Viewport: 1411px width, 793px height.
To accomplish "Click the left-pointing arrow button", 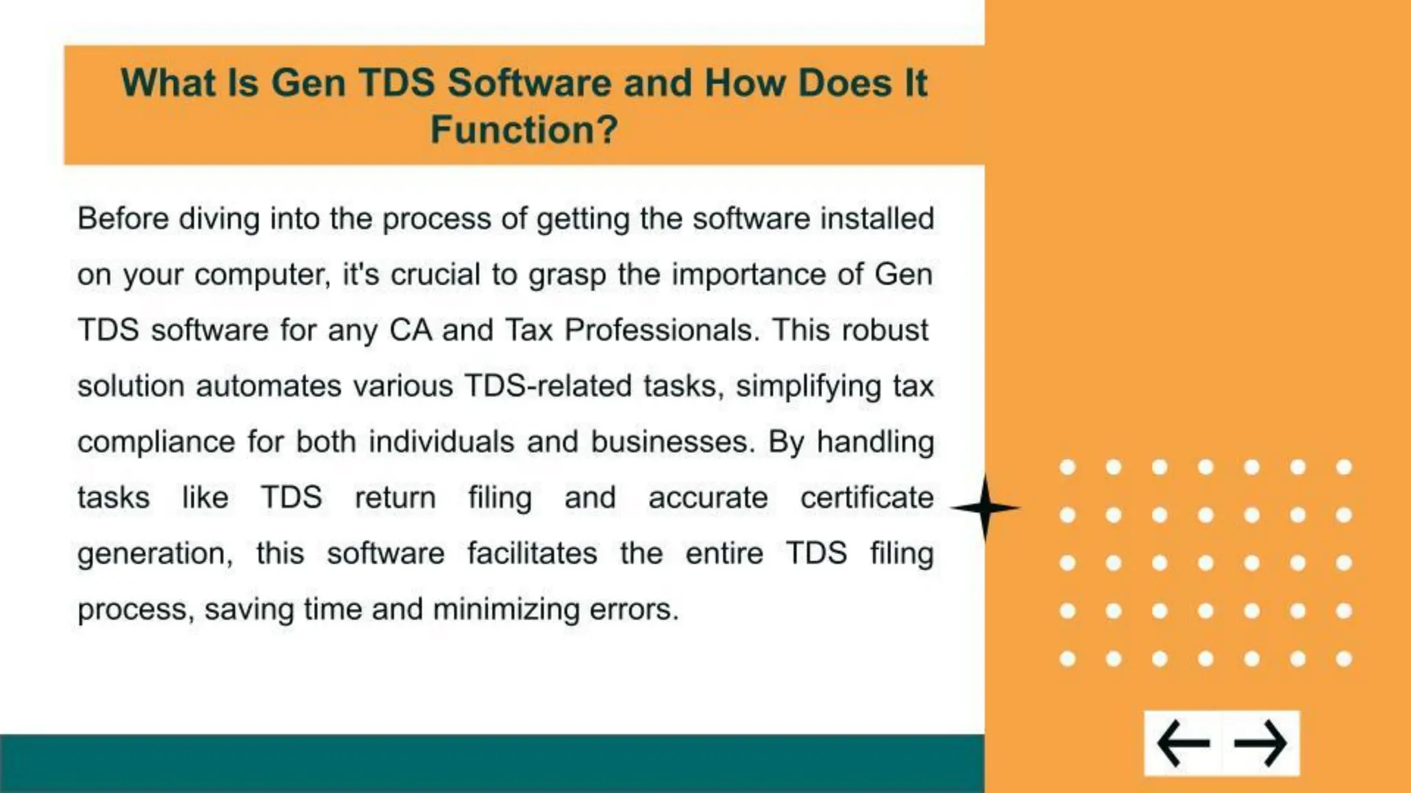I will [x=1184, y=743].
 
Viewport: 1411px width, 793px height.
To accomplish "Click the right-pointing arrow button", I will [x=1260, y=743].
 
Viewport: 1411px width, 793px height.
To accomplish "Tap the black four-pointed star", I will [x=985, y=508].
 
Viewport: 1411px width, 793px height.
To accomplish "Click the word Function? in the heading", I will [x=524, y=129].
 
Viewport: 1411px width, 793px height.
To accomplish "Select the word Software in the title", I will [x=529, y=83].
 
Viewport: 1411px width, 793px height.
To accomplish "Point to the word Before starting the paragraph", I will [x=123, y=219].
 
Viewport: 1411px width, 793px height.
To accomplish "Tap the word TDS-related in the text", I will [x=548, y=386].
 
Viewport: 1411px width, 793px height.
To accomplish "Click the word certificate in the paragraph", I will [x=866, y=498].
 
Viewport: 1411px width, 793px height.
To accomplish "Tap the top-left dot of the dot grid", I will [x=1067, y=467].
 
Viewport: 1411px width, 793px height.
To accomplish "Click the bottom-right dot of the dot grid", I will [x=1343, y=659].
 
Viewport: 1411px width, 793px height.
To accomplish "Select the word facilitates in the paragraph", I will [x=532, y=553].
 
